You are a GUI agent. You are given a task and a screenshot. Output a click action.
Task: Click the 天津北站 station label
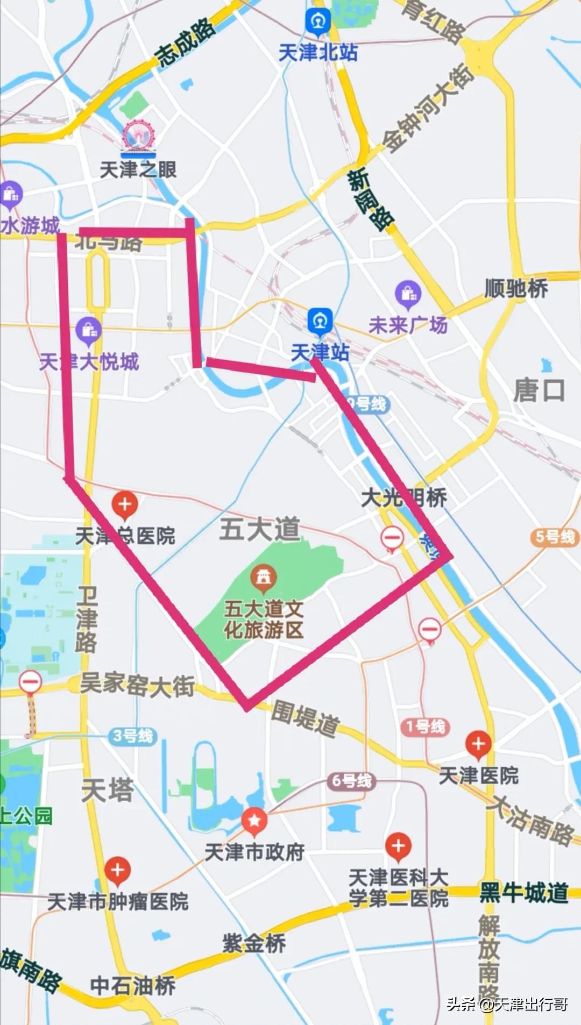point(318,53)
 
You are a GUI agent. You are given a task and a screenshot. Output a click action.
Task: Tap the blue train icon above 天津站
point(320,321)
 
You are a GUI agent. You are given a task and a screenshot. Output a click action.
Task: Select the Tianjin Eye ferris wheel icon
point(138,136)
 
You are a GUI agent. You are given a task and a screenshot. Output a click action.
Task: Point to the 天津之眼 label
point(138,170)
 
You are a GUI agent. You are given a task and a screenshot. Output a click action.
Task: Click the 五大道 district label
point(260,529)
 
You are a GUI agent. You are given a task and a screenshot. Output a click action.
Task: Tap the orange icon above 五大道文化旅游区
point(264,577)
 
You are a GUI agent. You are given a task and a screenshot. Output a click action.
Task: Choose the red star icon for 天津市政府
point(254,821)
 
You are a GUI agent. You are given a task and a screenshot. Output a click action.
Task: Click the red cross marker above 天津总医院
point(125,505)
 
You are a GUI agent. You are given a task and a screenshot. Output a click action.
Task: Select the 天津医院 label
point(478,775)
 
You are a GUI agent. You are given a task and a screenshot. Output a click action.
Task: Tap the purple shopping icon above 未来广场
point(408,294)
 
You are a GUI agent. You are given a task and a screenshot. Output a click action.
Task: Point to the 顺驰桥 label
point(516,289)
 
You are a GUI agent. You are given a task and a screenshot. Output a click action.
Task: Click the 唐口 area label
point(539,390)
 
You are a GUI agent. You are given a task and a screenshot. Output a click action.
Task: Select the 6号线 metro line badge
point(351,781)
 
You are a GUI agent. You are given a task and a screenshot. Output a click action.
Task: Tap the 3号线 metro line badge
point(133,736)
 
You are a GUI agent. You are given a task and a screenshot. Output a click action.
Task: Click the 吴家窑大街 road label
point(137,686)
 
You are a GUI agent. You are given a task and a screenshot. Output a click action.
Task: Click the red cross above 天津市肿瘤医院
point(118,870)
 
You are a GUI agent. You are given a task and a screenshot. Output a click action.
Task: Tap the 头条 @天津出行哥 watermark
point(507,1004)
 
